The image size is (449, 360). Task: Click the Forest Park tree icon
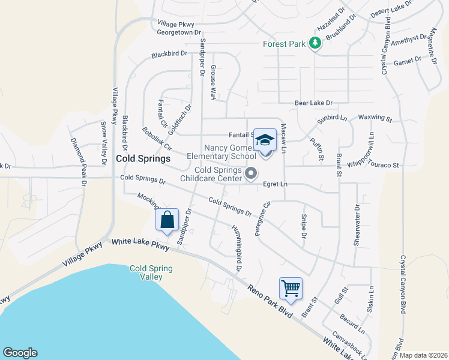(314, 43)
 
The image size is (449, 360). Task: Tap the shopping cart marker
(291, 289)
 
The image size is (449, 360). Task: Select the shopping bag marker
(167, 220)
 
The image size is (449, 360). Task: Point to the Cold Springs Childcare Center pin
(252, 174)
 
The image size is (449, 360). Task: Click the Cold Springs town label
(143, 159)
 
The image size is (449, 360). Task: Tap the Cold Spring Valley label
(151, 272)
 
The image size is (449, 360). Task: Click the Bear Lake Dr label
(313, 103)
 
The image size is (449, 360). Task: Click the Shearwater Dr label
(357, 218)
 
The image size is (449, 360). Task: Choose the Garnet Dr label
(409, 62)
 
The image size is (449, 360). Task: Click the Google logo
(19, 353)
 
